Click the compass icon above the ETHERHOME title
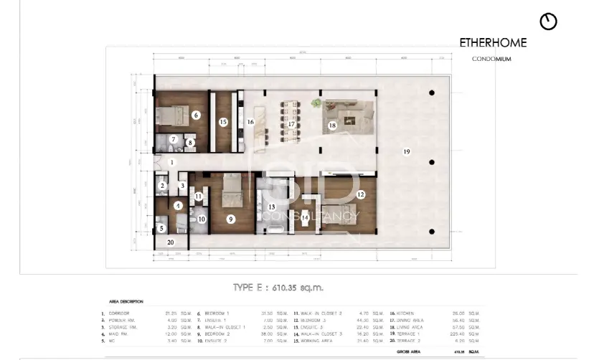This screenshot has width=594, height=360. pyautogui.click(x=549, y=22)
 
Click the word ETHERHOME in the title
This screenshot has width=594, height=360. pyautogui.click(x=492, y=43)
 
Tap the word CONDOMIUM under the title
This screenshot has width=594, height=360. pyautogui.click(x=492, y=60)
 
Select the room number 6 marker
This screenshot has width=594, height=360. pyautogui.click(x=196, y=115)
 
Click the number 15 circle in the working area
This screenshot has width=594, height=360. pyautogui.click(x=223, y=123)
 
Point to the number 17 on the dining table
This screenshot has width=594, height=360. pyautogui.click(x=292, y=124)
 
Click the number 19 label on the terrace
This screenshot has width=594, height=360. pyautogui.click(x=406, y=151)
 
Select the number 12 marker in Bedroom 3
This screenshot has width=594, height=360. pyautogui.click(x=361, y=194)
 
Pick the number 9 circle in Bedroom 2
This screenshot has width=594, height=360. pyautogui.click(x=230, y=219)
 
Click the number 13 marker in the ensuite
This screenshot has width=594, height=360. pyautogui.click(x=272, y=207)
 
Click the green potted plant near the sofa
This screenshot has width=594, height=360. pyautogui.click(x=316, y=104)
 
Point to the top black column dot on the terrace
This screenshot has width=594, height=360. pyautogui.click(x=432, y=93)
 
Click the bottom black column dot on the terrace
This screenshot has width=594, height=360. pyautogui.click(x=432, y=231)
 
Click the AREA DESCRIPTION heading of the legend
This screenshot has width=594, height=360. pyautogui.click(x=126, y=302)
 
